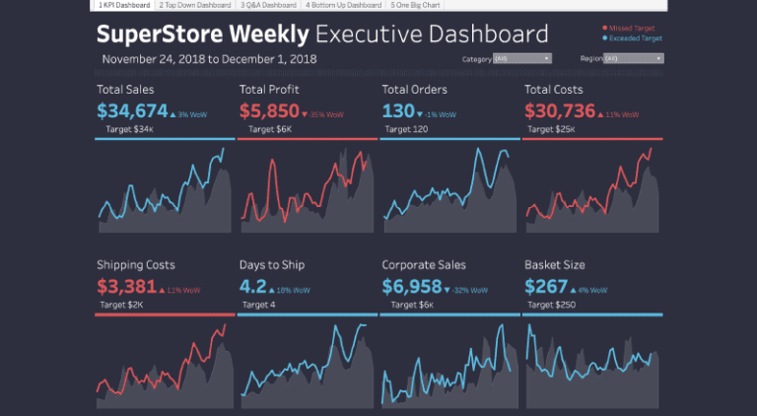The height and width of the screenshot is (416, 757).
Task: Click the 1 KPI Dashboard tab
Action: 123,5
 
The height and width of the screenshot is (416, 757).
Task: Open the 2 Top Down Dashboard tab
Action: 194,5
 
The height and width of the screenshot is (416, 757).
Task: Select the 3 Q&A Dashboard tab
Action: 268,5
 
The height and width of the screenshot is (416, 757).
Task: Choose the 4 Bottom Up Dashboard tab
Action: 343,5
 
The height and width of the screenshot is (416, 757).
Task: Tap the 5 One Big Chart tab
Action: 417,5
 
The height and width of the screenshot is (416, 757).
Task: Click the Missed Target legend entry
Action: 634,28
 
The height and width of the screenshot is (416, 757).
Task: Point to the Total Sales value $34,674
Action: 132,110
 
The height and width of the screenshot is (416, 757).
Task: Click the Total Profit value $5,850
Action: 268,110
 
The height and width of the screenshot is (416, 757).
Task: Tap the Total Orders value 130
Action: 397,110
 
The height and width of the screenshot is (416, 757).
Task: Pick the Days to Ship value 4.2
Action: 253,287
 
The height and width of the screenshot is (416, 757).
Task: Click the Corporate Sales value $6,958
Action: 411,287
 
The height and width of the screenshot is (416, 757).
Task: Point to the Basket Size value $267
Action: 546,287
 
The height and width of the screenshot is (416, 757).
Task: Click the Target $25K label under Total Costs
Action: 556,129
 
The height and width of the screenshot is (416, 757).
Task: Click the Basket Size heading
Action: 554,265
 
